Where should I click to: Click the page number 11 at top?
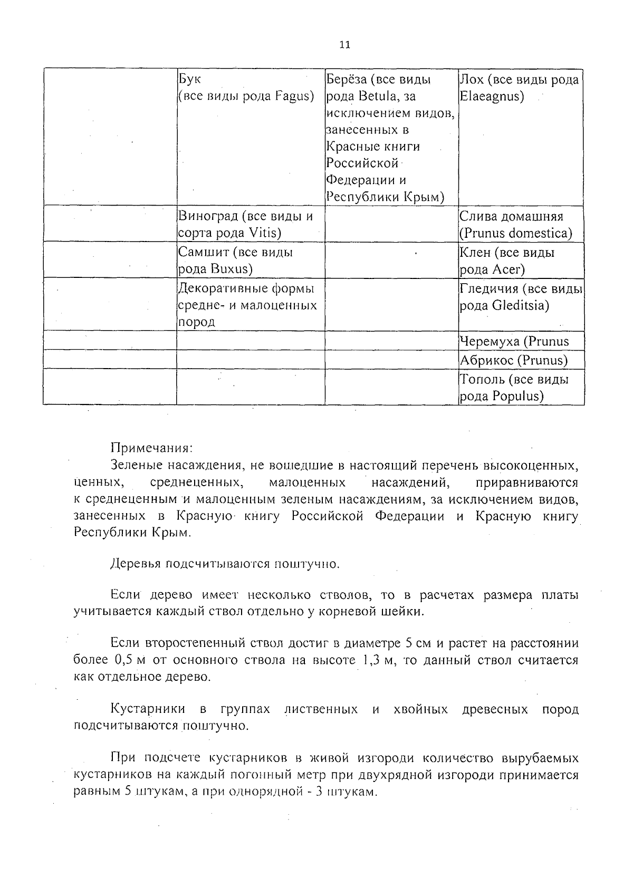[344, 45]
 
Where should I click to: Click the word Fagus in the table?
[294, 96]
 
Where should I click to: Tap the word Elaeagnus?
[492, 96]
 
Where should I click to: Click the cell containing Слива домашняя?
[521, 224]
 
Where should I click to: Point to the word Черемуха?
[490, 342]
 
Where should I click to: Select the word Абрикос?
[487, 361]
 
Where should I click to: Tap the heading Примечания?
[152, 449]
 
